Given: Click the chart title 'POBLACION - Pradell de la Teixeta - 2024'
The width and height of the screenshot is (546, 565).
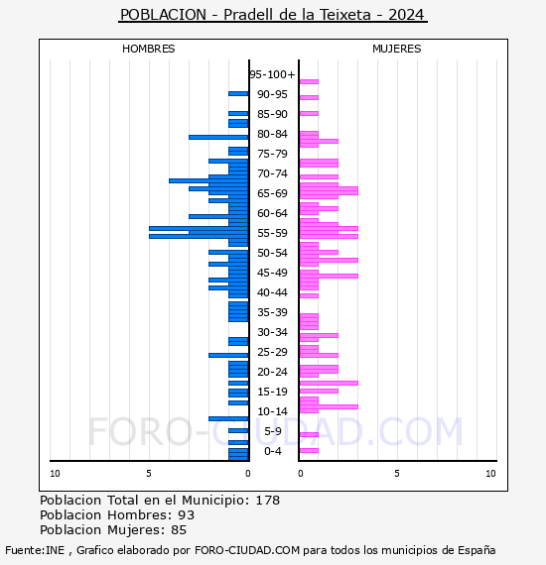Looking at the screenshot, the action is (273, 15).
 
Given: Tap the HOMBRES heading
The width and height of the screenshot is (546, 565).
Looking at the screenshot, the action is (148, 49).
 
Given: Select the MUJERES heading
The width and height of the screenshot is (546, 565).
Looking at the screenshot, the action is (397, 49).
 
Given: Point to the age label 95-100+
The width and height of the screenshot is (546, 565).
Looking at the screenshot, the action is (272, 74).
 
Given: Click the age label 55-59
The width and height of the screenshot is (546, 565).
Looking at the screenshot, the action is (272, 233).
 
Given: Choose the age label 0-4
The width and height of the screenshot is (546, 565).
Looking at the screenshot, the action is (272, 451).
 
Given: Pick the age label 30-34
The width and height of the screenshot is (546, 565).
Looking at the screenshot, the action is (272, 332).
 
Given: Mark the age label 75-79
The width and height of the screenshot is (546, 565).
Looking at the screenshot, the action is (272, 154).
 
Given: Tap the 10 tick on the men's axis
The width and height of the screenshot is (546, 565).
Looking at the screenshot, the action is (55, 474).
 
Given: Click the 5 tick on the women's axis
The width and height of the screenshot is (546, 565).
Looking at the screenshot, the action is (397, 474).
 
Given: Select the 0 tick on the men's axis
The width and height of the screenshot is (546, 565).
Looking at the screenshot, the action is (248, 474).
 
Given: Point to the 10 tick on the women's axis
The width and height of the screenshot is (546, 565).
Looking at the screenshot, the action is (490, 474).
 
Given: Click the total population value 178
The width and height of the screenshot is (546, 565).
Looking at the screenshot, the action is (268, 501).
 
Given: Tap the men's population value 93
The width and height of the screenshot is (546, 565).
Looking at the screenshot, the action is (187, 514).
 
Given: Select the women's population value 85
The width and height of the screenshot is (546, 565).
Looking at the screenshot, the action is (179, 529).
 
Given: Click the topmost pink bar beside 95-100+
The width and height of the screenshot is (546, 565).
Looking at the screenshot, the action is (309, 82).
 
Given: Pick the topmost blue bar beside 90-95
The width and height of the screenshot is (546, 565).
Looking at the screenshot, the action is (238, 94).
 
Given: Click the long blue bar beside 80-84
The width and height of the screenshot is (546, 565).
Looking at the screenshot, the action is (218, 138).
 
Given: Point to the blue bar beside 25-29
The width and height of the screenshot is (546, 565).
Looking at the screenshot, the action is (228, 355).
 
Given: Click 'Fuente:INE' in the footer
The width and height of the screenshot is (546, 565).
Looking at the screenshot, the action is (35, 550).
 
